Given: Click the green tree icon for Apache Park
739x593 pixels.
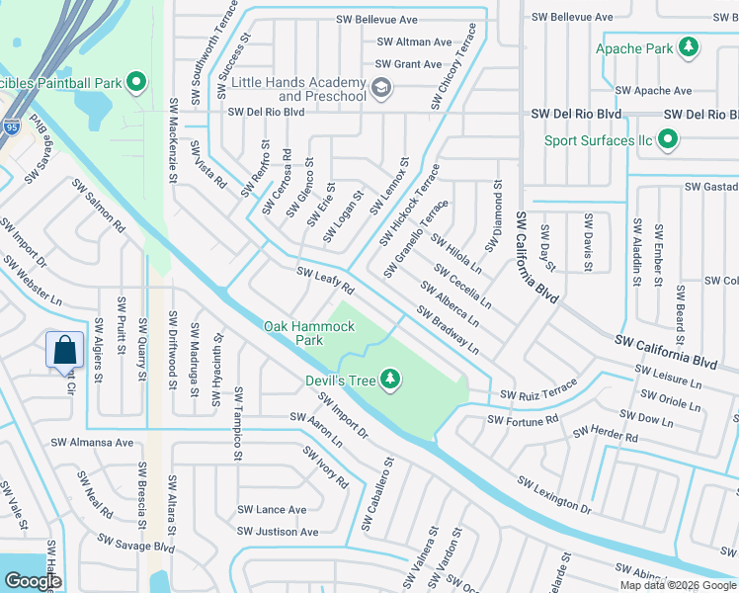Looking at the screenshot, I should point(688,47).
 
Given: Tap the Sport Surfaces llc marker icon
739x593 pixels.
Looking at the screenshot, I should point(669,139).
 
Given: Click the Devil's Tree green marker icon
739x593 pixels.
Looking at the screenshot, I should point(391,379).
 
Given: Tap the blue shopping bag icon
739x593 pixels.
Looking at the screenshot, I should point(64,350).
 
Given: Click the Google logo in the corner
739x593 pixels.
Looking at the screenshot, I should point(33,581).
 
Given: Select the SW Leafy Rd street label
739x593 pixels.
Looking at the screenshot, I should point(325,280).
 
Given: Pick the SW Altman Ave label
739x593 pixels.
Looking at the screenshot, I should point(414,42).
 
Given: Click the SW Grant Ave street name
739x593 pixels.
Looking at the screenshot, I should point(408,65).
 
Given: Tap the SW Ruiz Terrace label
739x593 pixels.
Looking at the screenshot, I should point(537,391).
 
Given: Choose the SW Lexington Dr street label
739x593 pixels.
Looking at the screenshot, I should point(553,493).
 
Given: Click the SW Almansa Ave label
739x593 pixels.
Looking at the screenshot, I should point(97,443).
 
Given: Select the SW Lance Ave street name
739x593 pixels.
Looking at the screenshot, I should point(272,510).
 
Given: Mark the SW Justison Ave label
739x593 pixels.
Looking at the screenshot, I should point(272,532).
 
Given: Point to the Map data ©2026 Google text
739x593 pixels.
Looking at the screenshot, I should point(677,585).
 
